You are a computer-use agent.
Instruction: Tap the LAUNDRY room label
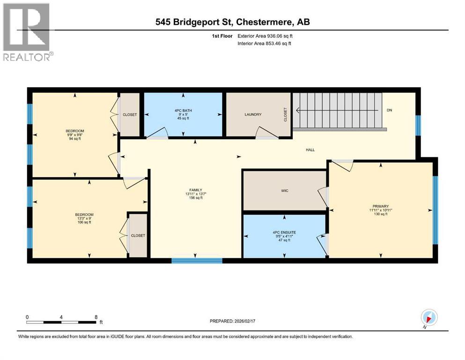coord(252,114)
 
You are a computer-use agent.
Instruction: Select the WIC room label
coord(284,191)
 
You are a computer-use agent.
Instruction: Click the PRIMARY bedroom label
coord(381,207)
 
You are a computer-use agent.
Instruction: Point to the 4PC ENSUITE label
coord(284,232)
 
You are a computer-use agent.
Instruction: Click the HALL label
coord(310,150)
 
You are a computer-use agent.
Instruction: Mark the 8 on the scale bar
coord(96,316)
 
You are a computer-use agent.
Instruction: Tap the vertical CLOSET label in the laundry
coord(285,115)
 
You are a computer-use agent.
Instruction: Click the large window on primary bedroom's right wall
coord(435,210)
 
